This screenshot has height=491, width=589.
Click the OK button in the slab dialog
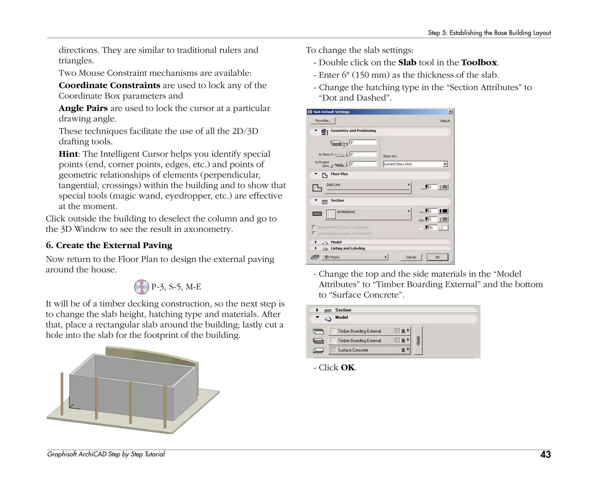click(437, 257)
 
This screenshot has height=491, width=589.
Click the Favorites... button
click(323, 121)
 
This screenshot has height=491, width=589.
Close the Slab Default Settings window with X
click(450, 112)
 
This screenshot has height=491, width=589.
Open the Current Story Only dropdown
click(445, 164)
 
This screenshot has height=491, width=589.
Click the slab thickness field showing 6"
click(363, 142)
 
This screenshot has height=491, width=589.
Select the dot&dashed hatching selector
click(368, 214)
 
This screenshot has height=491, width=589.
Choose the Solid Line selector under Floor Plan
click(368, 187)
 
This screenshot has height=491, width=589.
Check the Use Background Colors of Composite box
click(314, 233)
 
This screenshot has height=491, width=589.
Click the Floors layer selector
click(355, 257)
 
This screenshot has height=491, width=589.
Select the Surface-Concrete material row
click(369, 350)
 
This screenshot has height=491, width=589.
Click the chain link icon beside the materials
click(418, 341)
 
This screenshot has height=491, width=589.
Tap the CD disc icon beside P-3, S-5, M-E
click(141, 287)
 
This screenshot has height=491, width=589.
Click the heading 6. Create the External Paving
click(109, 245)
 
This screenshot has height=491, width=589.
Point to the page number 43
click(545, 454)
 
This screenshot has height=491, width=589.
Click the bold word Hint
click(68, 154)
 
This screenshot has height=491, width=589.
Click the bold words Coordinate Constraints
click(109, 85)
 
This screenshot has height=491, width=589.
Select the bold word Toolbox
click(479, 62)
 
